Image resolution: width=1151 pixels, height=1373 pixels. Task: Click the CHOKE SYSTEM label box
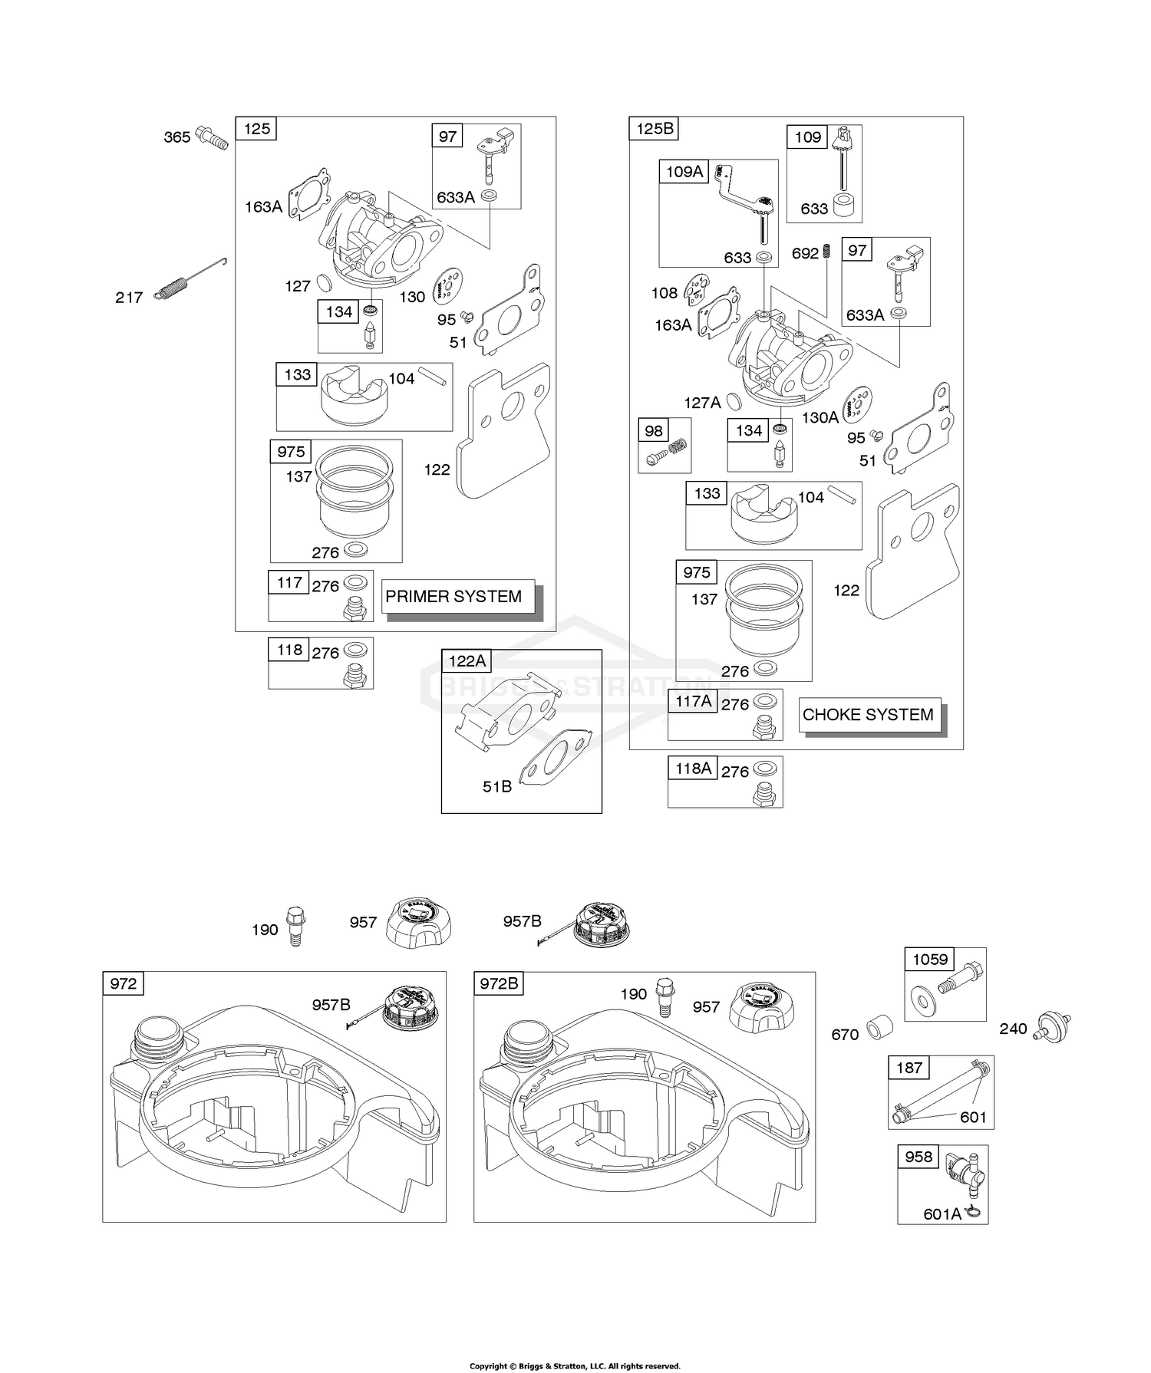point(868,714)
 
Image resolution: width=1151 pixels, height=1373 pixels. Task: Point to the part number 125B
point(655,128)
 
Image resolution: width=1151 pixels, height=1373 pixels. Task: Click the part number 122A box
point(467,660)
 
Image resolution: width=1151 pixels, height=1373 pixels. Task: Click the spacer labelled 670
point(879,1028)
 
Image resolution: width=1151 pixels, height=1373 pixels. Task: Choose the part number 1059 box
point(930,959)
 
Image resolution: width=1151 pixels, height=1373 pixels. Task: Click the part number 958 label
point(918,1157)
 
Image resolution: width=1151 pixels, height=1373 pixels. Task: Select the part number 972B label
point(499,983)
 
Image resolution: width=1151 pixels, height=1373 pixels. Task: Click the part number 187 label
point(909,1067)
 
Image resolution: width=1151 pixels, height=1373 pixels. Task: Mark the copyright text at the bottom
point(575,1365)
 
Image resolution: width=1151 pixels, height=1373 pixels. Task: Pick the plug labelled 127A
point(733,400)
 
